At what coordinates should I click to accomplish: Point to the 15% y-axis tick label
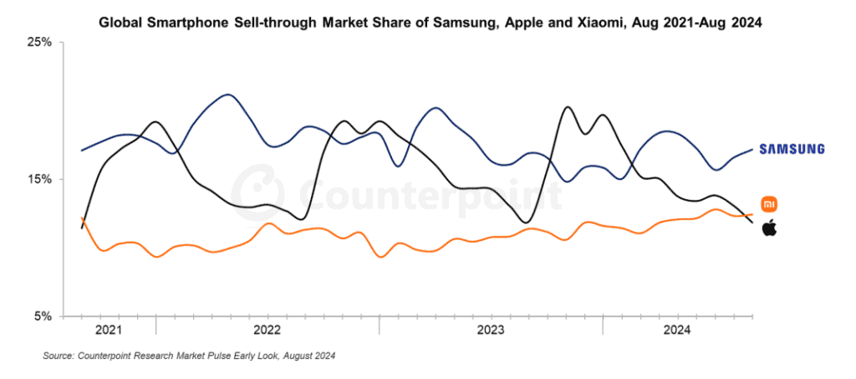point(41,179)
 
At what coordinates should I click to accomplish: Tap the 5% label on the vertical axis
point(43,316)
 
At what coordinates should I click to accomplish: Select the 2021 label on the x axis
point(109,330)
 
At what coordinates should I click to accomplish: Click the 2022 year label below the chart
point(267,330)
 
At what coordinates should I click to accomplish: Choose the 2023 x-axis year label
point(491,330)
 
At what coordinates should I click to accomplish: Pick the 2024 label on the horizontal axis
point(677,330)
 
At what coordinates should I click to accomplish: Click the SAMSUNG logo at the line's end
point(792,149)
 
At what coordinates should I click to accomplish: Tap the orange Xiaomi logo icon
point(769,204)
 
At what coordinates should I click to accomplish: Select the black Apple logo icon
point(769,228)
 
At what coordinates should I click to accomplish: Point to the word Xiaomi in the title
point(601,23)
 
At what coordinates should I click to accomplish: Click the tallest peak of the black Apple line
point(568,107)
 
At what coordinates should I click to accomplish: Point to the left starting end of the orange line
point(82,218)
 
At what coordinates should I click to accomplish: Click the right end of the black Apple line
point(752,222)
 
